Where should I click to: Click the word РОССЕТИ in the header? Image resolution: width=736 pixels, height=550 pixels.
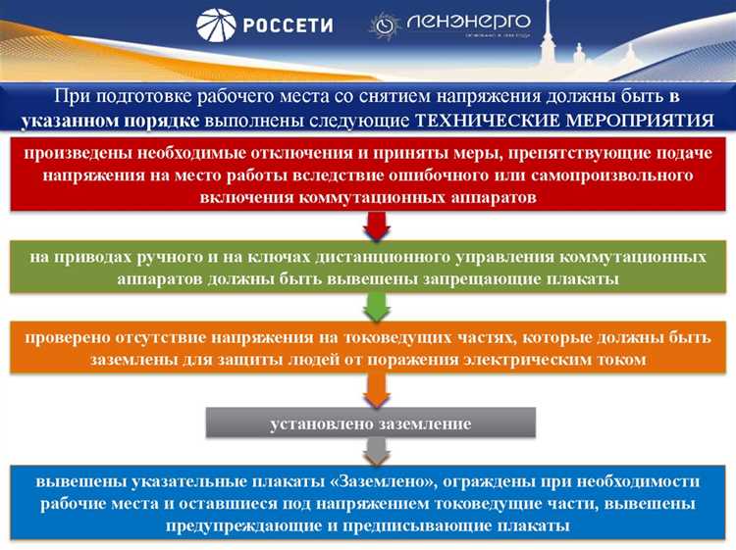(289, 26)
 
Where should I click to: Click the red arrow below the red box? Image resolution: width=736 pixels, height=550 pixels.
(376, 225)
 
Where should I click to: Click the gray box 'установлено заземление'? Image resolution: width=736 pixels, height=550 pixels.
(371, 424)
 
